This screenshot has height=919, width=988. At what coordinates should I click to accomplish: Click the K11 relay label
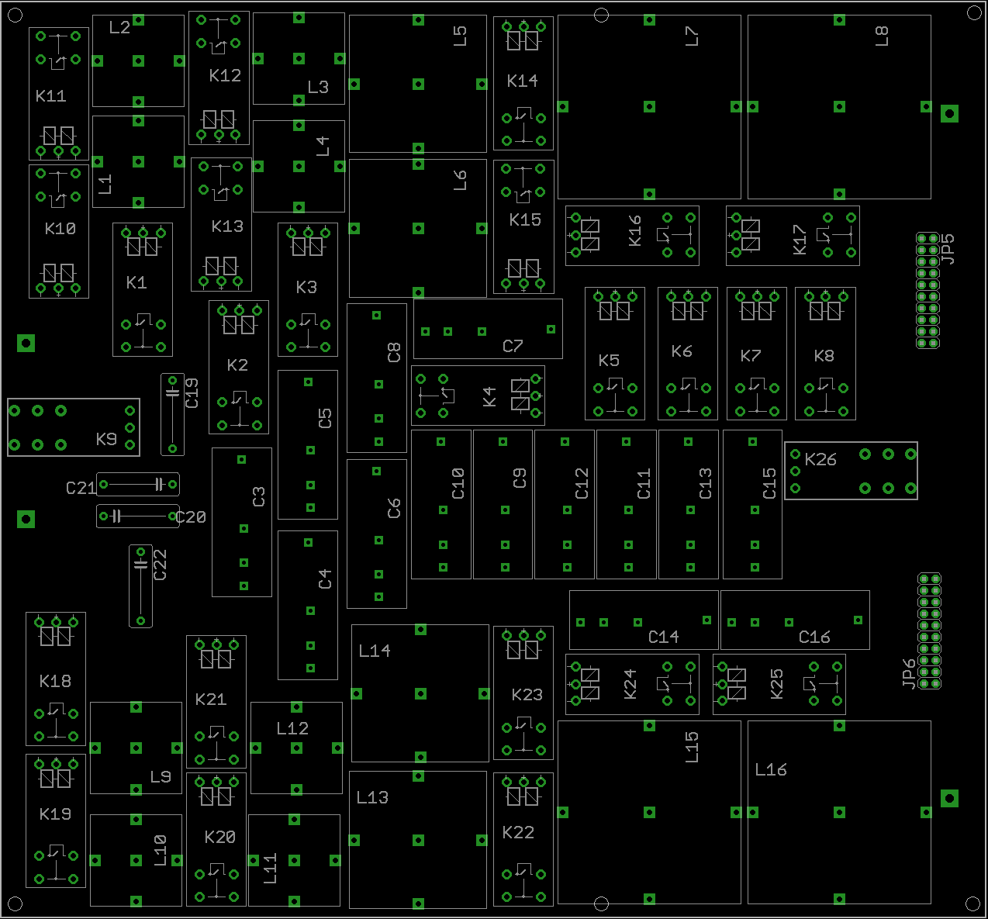[x=51, y=96]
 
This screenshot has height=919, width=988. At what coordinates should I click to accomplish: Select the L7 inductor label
[x=692, y=36]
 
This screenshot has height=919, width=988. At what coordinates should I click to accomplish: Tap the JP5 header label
[x=948, y=249]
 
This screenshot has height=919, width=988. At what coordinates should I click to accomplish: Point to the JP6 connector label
[x=909, y=672]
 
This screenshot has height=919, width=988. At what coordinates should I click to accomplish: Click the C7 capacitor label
[x=513, y=346]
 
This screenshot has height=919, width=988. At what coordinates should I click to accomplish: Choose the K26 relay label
[x=820, y=459]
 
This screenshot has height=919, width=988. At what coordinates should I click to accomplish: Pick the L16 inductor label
[x=771, y=769]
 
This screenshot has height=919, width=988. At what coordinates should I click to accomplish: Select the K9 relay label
[x=106, y=439]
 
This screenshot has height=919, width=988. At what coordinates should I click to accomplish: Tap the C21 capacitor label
[x=81, y=488]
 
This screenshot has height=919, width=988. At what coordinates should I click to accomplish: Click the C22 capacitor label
[x=161, y=565]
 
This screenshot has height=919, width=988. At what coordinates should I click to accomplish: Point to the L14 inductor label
[x=375, y=651]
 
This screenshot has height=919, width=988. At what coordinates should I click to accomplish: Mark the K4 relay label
[x=489, y=397]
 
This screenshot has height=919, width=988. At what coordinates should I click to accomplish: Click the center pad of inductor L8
[x=839, y=106]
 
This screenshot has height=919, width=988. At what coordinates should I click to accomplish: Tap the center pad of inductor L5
[x=418, y=84]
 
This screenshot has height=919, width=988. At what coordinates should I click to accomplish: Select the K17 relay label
[x=800, y=240]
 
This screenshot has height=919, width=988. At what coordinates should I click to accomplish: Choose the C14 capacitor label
[x=663, y=637]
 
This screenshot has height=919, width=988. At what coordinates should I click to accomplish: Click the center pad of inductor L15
[x=649, y=812]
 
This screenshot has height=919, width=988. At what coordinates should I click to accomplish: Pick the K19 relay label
[x=55, y=814]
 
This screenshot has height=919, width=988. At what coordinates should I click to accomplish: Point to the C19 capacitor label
[x=192, y=393]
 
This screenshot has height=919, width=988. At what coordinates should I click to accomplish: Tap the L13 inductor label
[x=372, y=797]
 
